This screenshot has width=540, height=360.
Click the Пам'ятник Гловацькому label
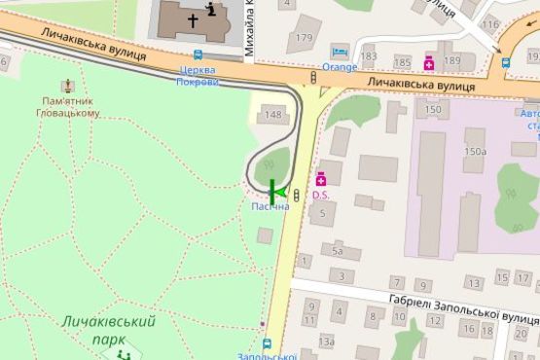click(x=71, y=106)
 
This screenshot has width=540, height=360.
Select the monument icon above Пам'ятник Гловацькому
click(x=67, y=87)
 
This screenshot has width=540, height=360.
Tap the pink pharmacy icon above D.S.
click(x=321, y=179)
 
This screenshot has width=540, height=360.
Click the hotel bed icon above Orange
click(x=339, y=52)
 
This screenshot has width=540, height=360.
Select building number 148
click(x=273, y=116)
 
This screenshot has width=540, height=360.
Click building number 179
click(x=305, y=37)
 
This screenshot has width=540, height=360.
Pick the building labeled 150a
click(x=475, y=151)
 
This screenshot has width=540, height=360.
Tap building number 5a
click(x=338, y=251)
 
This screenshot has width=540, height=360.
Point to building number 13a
click(x=327, y=341)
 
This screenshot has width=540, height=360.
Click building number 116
click(x=490, y=24)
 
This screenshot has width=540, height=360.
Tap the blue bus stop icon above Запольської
click(x=268, y=342)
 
